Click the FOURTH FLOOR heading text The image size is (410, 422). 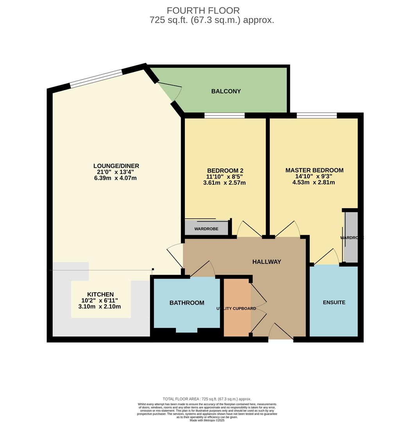point(203,11)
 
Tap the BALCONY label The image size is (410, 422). point(226,91)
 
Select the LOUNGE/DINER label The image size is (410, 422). point(116,166)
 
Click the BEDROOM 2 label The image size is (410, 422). point(225,171)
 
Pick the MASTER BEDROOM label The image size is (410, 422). point(314,170)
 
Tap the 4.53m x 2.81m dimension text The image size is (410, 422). point(313,182)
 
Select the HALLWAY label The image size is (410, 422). point(267,262)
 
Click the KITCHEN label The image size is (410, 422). point(100,295)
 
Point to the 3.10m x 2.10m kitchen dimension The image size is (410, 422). point(100,307)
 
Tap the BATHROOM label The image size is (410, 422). point(186,303)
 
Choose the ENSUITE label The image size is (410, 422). point(334,302)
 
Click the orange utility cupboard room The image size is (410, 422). point(236,320)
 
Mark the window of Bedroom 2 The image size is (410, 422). point(224,115)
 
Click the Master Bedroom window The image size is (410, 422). point(317,115)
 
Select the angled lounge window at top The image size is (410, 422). point(96,78)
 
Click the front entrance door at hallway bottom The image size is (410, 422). point(281,332)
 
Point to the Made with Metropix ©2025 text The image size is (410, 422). point(207,420)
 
